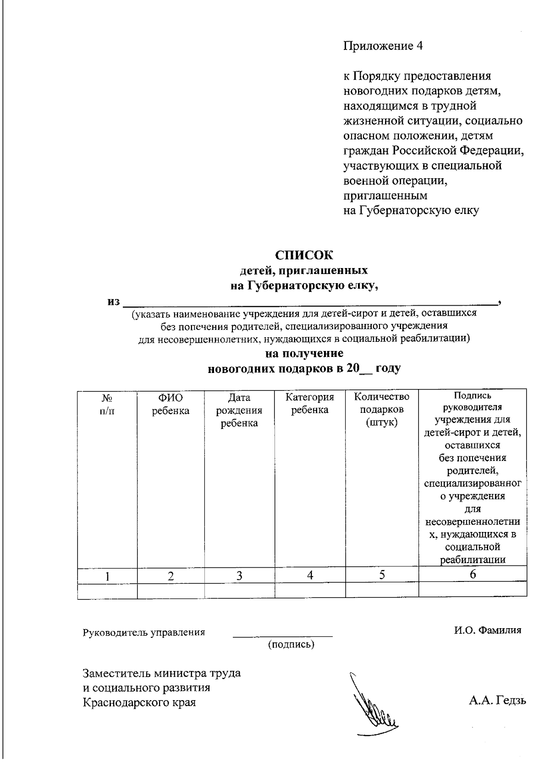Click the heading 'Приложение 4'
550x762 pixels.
383,46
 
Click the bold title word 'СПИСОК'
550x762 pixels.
304,255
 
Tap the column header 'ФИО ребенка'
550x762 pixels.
170,404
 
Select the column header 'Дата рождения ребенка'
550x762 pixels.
239,410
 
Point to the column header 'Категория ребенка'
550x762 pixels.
310,403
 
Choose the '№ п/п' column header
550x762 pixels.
107,404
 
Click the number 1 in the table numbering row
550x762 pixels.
107,576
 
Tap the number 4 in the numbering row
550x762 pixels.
310,576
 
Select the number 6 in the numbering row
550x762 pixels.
473,574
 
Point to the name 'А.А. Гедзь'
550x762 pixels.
497,701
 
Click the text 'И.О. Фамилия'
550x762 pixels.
488,630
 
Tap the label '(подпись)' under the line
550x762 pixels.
291,645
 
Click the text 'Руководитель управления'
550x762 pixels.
143,633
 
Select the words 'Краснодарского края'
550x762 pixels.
139,702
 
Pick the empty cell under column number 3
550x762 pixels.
239,590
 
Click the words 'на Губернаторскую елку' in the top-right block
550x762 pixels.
411,211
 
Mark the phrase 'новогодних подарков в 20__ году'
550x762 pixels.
304,368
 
